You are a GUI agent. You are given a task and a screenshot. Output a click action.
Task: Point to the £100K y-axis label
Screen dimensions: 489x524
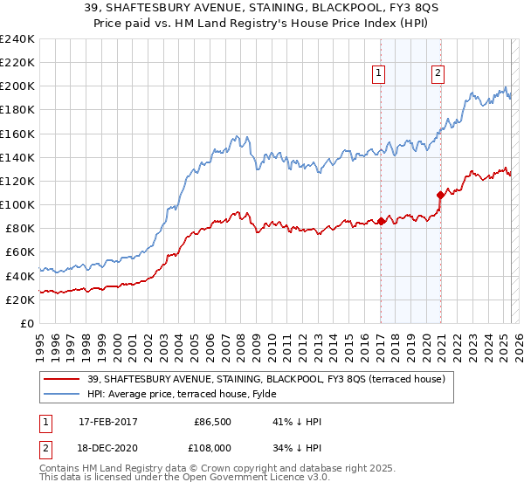(17, 204)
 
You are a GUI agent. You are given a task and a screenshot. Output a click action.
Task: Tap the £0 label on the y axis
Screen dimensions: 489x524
(28, 323)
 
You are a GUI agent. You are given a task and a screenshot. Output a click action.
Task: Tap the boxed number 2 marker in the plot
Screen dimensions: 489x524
(437, 74)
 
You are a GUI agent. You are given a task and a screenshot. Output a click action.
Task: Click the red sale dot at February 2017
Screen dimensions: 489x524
(381, 222)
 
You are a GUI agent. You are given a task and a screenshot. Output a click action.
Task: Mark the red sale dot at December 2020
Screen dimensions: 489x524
(440, 196)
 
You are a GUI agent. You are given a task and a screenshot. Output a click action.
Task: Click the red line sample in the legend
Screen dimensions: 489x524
(62, 379)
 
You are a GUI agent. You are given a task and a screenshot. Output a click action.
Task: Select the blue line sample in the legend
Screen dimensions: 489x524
(62, 395)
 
